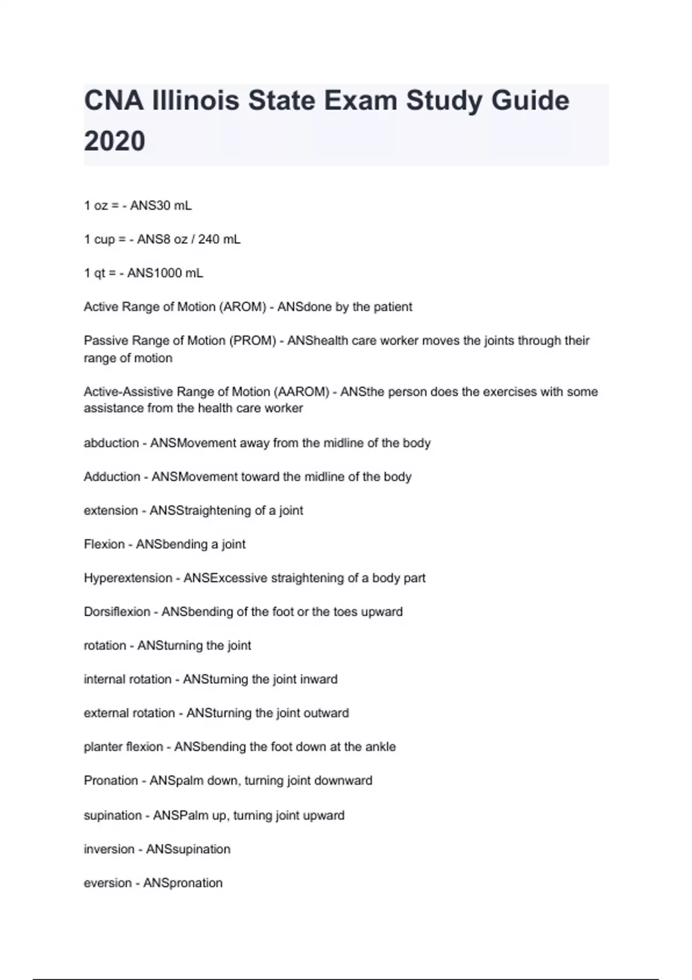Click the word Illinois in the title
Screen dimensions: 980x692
pyautogui.click(x=195, y=101)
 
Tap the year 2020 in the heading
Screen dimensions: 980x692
pyautogui.click(x=115, y=141)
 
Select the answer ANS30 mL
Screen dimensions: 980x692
pyautogui.click(x=161, y=206)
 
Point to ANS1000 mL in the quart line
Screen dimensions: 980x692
pyautogui.click(x=165, y=273)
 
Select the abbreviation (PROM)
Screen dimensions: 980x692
pyautogui.click(x=253, y=341)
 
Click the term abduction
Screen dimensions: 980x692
pyautogui.click(x=111, y=443)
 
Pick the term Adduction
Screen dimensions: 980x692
pyautogui.click(x=112, y=477)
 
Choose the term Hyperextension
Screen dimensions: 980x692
pyautogui.click(x=128, y=578)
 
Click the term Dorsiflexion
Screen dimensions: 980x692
pyautogui.click(x=117, y=612)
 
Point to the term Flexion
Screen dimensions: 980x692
pyautogui.click(x=104, y=544)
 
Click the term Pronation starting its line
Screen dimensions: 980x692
pyautogui.click(x=111, y=781)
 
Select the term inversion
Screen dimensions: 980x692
pyautogui.click(x=109, y=849)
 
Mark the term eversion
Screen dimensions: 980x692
pyautogui.click(x=108, y=883)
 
